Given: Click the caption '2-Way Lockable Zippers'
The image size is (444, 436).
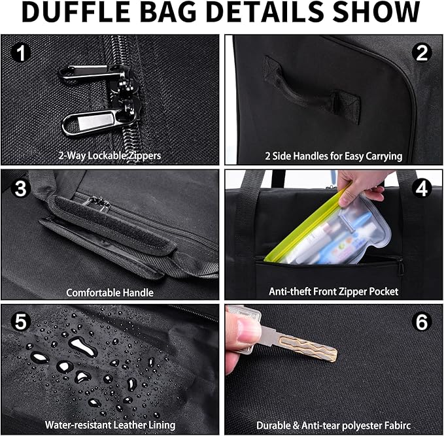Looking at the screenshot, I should pyautogui.click(x=110, y=156).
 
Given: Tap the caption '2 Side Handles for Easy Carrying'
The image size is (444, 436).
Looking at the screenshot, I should pyautogui.click(x=333, y=156).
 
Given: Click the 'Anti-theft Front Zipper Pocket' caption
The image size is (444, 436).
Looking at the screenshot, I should pyautogui.click(x=333, y=292).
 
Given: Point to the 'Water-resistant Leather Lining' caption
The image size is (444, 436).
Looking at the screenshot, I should pyautogui.click(x=110, y=425).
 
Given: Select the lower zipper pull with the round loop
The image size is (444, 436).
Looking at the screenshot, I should pyautogui.click(x=92, y=120).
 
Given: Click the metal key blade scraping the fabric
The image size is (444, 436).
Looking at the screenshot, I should pyautogui.click(x=307, y=344).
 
